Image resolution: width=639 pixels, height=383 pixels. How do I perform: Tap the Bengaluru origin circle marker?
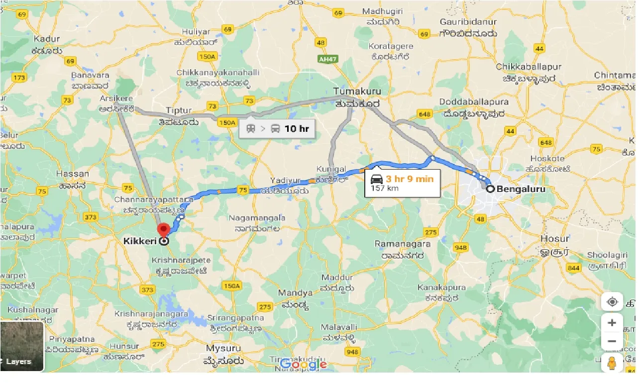490,189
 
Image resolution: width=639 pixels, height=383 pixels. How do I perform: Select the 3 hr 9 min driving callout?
403,183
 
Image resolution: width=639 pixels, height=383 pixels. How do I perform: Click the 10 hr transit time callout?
277,129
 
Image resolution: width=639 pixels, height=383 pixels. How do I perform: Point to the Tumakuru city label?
357,92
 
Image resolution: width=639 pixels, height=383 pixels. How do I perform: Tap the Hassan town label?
73,174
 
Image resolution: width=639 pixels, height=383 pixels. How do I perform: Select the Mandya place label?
295,293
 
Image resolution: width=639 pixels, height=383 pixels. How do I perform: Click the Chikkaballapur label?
528,67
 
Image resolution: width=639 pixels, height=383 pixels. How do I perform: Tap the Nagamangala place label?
257,218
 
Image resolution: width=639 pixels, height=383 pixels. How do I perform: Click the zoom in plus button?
612,322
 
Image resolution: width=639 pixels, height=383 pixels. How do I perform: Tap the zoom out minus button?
612,341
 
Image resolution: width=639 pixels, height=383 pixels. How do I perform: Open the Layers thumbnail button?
22,347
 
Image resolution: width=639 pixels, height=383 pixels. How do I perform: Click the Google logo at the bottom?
303,364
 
